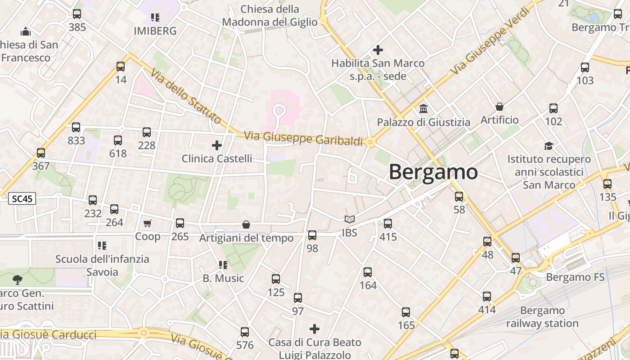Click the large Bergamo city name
433,172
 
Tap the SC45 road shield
22,198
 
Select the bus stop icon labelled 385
77,14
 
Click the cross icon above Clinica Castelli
217,145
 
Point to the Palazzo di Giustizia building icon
423,109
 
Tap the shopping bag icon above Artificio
499,107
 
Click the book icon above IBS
350,220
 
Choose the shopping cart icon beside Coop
147,223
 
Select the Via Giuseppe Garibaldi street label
303,138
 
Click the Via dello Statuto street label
186,96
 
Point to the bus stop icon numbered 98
312,235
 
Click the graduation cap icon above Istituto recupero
549,146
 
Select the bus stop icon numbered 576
245,332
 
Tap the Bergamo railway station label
542,317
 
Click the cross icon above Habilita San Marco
378,50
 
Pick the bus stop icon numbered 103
585,67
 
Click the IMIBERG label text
155,31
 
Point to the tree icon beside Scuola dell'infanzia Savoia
18,280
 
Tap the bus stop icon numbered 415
388,223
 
